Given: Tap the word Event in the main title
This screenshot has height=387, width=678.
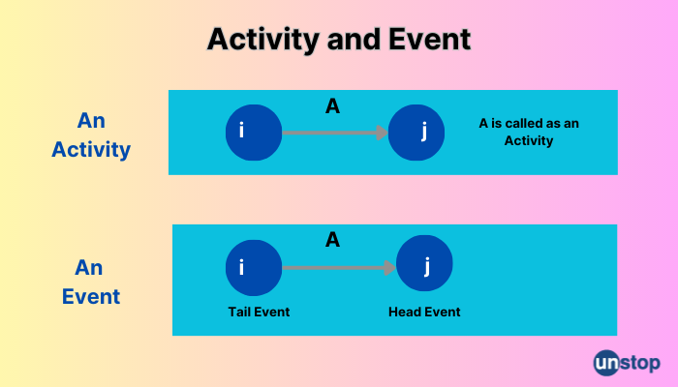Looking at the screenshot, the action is pos(429,39).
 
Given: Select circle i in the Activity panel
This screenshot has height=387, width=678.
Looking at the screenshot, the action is pos(254,133).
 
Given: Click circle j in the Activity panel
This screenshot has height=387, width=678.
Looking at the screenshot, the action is pos(416,133).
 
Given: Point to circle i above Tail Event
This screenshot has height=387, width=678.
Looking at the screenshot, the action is pos(254,268).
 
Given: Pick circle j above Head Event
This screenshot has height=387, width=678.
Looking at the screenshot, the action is pos(424,263).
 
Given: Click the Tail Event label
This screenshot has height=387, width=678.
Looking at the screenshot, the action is pos(259,312).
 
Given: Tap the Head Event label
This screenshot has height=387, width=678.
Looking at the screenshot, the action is pos(424,312).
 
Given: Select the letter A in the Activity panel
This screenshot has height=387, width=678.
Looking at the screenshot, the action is pos(332,106).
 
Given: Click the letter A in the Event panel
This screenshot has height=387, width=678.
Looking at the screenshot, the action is pos(332,240).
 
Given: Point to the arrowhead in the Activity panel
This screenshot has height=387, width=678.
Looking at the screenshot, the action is pos(383,133).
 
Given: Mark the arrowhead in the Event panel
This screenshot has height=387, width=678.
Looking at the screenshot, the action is pos(390,268).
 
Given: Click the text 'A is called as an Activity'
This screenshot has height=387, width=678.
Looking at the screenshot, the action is pos(529,132).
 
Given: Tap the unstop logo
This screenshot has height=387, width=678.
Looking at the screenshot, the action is pos(627,363).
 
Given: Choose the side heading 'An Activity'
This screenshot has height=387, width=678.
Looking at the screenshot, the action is pos(91,135).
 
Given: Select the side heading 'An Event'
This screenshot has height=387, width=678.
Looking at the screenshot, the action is pos(90,283).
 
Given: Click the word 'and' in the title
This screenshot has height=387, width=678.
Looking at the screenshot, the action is pos(354,40).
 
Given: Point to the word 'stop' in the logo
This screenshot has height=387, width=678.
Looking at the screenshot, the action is pos(641,364).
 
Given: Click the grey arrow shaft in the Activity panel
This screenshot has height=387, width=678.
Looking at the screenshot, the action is pos(329,133).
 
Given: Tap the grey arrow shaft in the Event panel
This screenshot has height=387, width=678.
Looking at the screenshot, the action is pos(333,268).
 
